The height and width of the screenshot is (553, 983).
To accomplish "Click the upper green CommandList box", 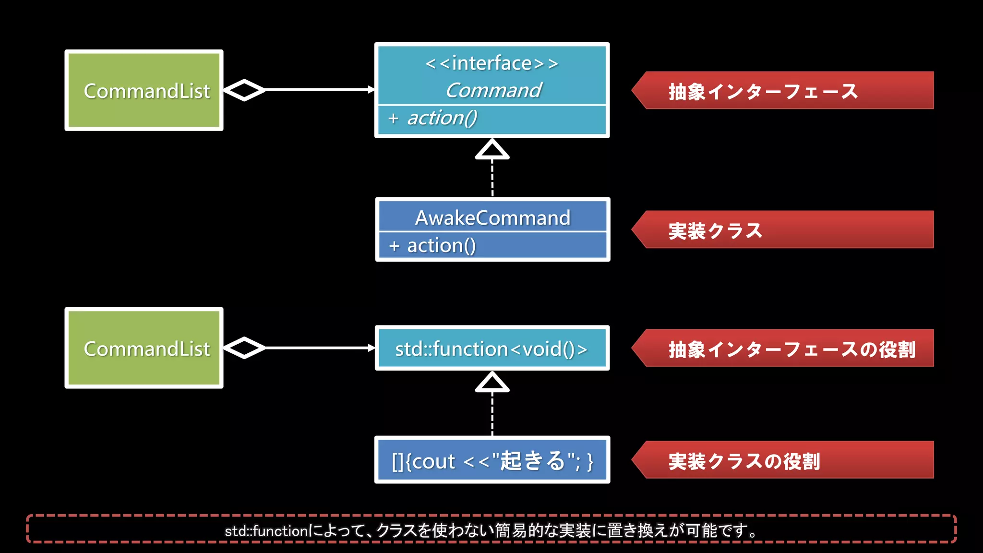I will click(x=144, y=90).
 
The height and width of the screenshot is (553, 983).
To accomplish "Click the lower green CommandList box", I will click(x=144, y=348).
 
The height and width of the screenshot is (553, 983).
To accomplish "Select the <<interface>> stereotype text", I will click(x=492, y=63).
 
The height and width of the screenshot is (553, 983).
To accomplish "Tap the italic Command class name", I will click(x=493, y=90).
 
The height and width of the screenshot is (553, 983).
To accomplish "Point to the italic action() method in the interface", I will click(x=442, y=118).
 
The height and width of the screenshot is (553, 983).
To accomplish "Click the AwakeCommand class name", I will click(x=492, y=218).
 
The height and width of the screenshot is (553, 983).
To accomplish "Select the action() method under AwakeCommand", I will click(x=441, y=246).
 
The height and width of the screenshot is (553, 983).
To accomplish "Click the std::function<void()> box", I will click(x=492, y=349).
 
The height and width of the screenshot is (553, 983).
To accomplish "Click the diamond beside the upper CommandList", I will click(x=244, y=90).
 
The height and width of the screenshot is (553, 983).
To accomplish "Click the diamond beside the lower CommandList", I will click(x=244, y=348).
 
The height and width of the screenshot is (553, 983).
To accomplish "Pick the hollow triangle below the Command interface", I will click(x=492, y=150).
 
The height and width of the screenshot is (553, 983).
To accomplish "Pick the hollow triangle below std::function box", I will click(x=492, y=383).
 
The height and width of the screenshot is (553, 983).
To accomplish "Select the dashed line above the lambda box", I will click(x=492, y=414).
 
